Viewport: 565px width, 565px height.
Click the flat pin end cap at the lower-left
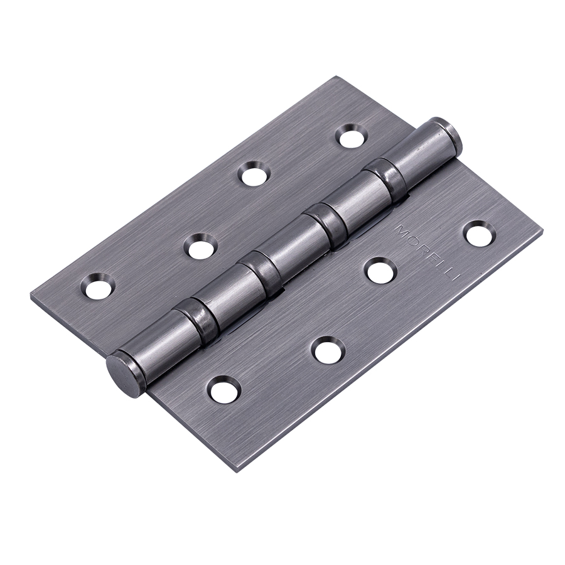[x=120, y=366]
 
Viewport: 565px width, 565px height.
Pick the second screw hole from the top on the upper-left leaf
[x=255, y=173]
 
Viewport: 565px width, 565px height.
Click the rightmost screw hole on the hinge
[x=479, y=234]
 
